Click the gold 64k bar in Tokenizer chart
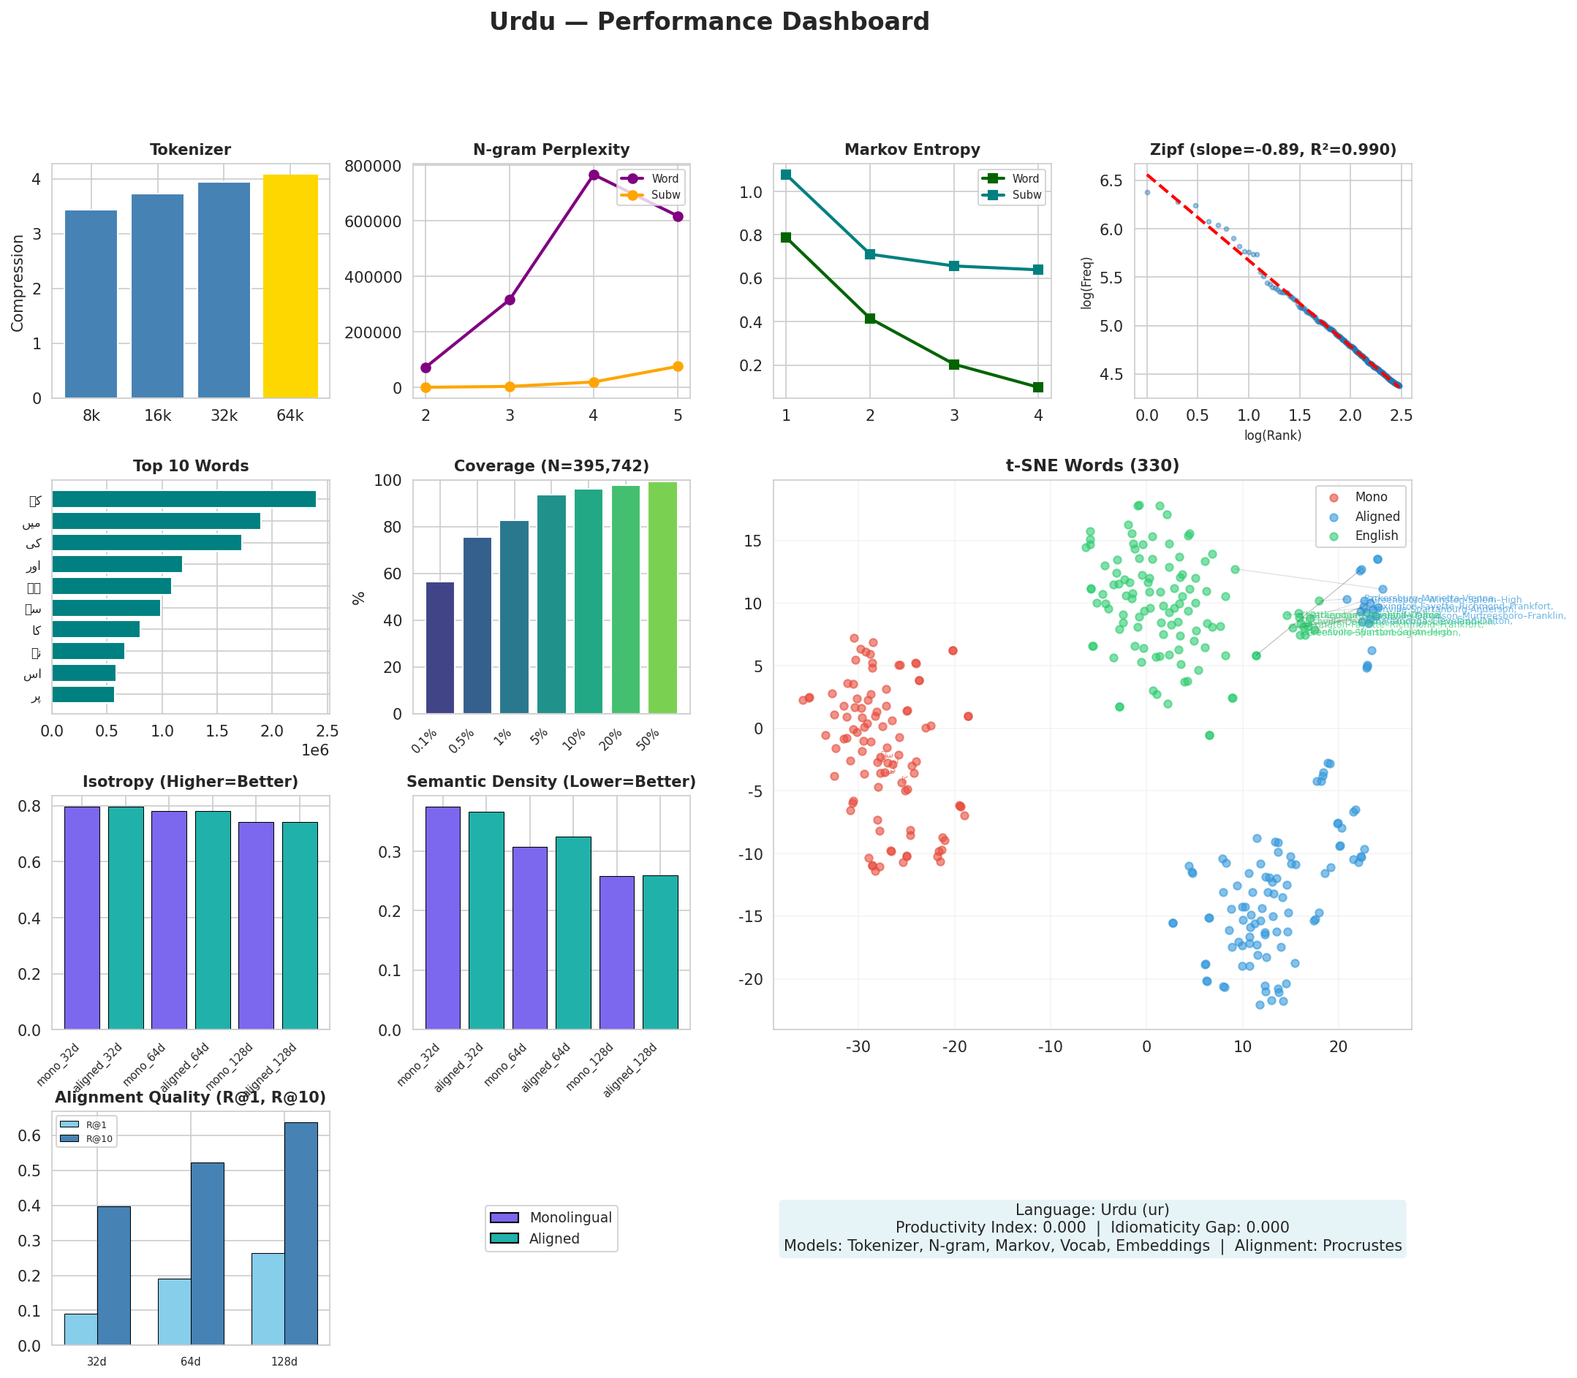pos(290,286)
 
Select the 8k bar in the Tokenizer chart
pos(91,304)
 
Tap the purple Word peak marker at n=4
pos(593,175)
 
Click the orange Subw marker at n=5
pos(678,366)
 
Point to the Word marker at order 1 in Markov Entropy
pos(785,237)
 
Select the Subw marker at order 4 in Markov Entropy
pos(1037,270)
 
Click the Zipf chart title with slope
pos(1272,150)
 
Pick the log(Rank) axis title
pos(1272,435)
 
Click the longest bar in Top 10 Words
pos(184,499)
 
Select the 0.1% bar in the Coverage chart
pos(440,647)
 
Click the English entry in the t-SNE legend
pos(1375,536)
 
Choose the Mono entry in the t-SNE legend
pos(1371,498)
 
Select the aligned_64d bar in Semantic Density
pos(573,933)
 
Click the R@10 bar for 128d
pos(300,1233)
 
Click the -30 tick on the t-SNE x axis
pos(858,1046)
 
